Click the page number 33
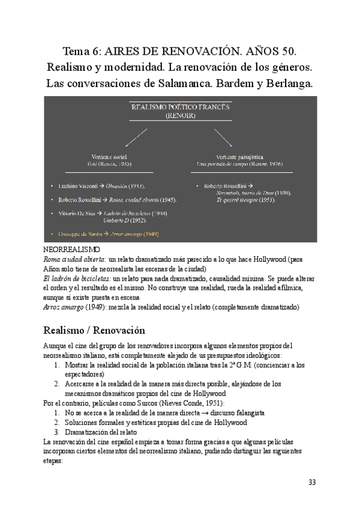pos(311,483)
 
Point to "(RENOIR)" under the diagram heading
pos(180,116)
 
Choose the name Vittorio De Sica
pos(79,213)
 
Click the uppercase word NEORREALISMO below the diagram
pos(72,248)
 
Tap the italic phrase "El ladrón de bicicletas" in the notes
pos(69,279)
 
